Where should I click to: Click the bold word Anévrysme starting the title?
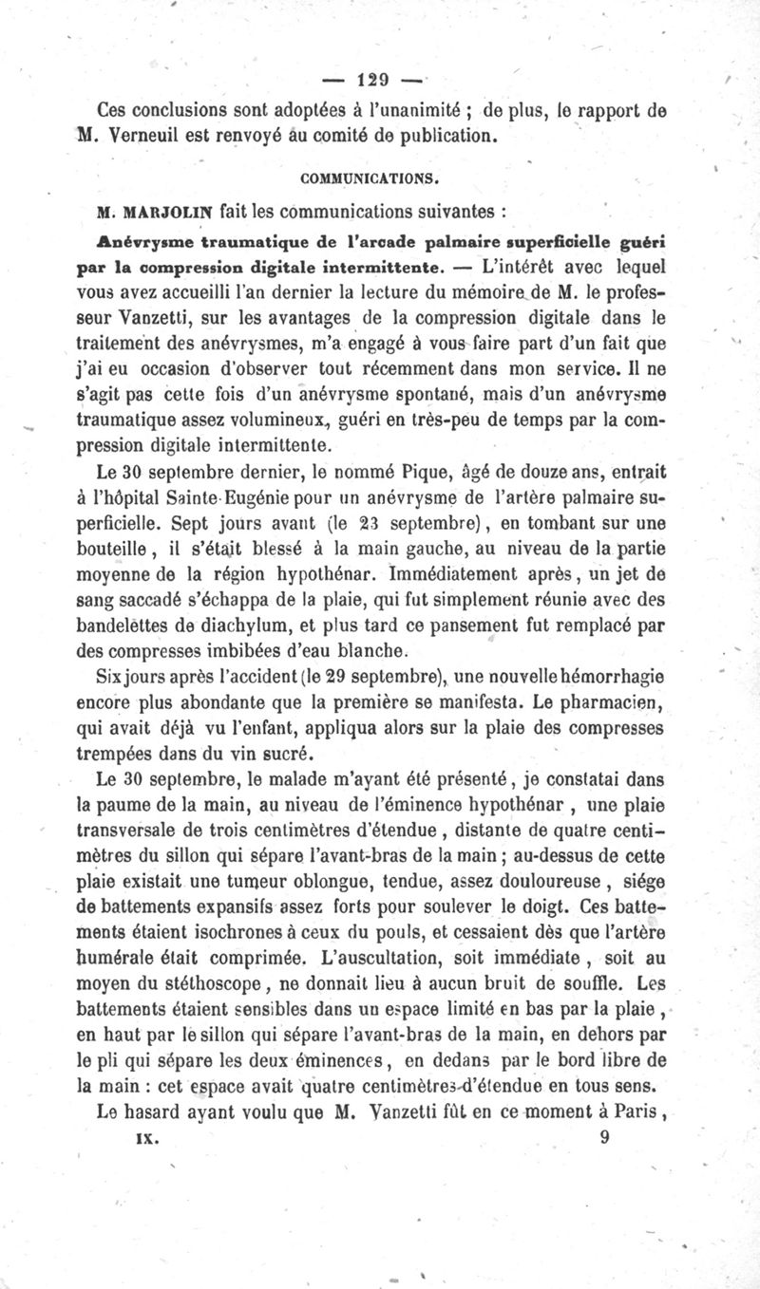[141, 234]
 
